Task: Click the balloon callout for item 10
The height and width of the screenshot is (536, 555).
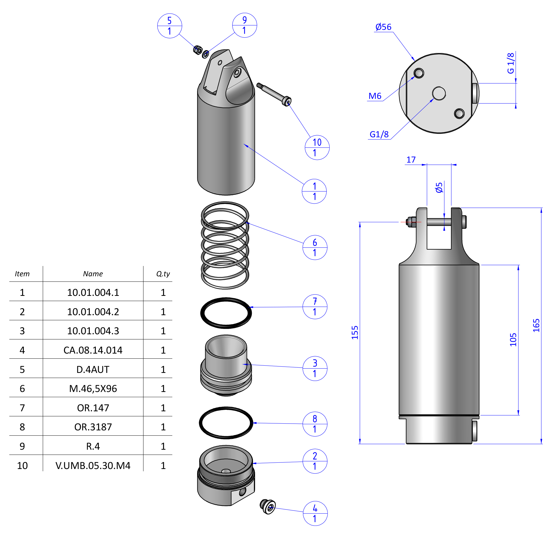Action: pos(317,147)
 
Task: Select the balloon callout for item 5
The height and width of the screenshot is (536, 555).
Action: pos(169,26)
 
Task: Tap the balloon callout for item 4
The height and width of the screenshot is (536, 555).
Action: pos(315,513)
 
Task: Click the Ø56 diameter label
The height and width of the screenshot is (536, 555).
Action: pos(383,27)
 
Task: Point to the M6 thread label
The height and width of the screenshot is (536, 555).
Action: pos(375,96)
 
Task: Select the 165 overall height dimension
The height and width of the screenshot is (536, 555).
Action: pos(536,325)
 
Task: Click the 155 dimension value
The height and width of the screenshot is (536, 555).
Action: pos(355,332)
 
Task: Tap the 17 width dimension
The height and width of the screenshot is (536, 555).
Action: pos(411,160)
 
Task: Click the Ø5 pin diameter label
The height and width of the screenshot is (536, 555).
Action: pos(439,187)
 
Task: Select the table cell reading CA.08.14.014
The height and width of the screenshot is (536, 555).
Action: pos(93,350)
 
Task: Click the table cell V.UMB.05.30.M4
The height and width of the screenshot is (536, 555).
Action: pos(93,465)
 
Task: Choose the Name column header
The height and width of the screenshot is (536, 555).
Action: pos(93,274)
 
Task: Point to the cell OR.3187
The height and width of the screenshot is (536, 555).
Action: pos(93,427)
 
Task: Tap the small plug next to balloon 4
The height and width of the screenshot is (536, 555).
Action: pos(267,507)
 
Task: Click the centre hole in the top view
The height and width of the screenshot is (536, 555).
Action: pos(439,94)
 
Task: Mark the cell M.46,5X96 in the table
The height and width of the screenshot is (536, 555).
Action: pos(93,388)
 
